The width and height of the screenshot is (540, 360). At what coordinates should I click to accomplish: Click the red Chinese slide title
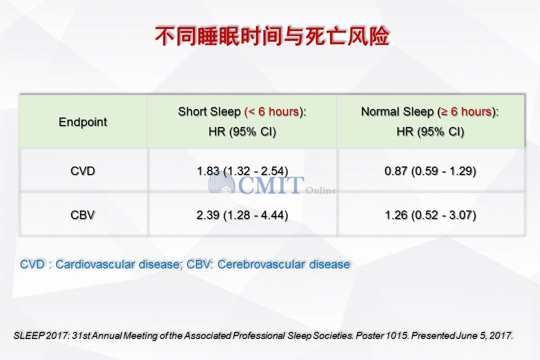coord(272,36)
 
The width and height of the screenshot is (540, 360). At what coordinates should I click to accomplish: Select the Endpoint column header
coord(83,122)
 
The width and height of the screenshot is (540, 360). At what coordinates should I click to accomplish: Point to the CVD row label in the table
coord(82,171)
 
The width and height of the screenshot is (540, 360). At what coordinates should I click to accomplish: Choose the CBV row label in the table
coord(82,215)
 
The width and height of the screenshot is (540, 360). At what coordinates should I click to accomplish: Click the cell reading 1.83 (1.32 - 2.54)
coord(242,171)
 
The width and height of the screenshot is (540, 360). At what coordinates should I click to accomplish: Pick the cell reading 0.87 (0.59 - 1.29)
coord(430,171)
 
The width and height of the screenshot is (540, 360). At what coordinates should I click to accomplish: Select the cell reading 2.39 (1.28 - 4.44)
coord(242,215)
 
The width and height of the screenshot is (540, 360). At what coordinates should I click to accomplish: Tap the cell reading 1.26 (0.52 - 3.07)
coord(430,215)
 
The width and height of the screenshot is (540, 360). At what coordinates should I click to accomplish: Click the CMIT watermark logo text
coord(270,185)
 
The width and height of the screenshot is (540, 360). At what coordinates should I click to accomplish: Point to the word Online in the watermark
coord(320,190)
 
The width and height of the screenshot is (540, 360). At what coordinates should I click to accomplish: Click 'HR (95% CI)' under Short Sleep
coord(242,131)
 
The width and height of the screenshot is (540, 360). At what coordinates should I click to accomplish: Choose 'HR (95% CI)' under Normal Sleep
coord(430,131)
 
